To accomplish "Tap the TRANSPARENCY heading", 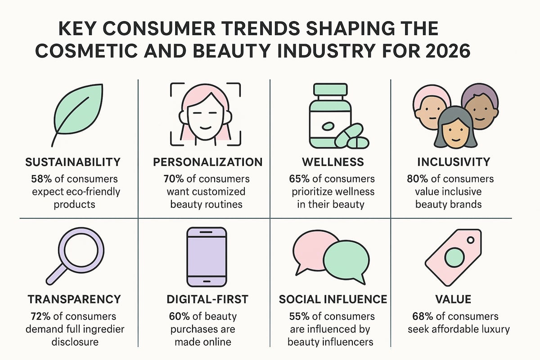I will (75, 299).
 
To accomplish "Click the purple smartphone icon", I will (206, 257).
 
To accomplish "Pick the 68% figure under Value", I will (422, 316).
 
